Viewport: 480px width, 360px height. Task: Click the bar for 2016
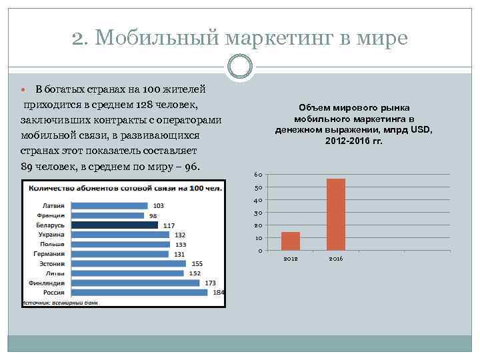point(336,214)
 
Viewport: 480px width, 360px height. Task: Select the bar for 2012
point(291,241)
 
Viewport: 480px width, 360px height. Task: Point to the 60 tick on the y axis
point(259,175)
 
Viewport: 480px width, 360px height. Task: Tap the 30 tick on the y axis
point(259,213)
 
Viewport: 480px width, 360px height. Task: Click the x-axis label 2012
point(291,258)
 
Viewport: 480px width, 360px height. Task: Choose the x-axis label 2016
point(336,258)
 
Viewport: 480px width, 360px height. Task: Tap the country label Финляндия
point(47,283)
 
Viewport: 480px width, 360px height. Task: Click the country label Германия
point(49,254)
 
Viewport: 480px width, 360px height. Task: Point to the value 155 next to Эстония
point(197,264)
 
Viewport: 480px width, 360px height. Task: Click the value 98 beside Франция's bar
point(153,216)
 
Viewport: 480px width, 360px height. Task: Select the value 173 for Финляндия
point(211,283)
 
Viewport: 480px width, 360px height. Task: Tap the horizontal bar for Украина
point(120,235)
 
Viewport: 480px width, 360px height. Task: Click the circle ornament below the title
point(240,66)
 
